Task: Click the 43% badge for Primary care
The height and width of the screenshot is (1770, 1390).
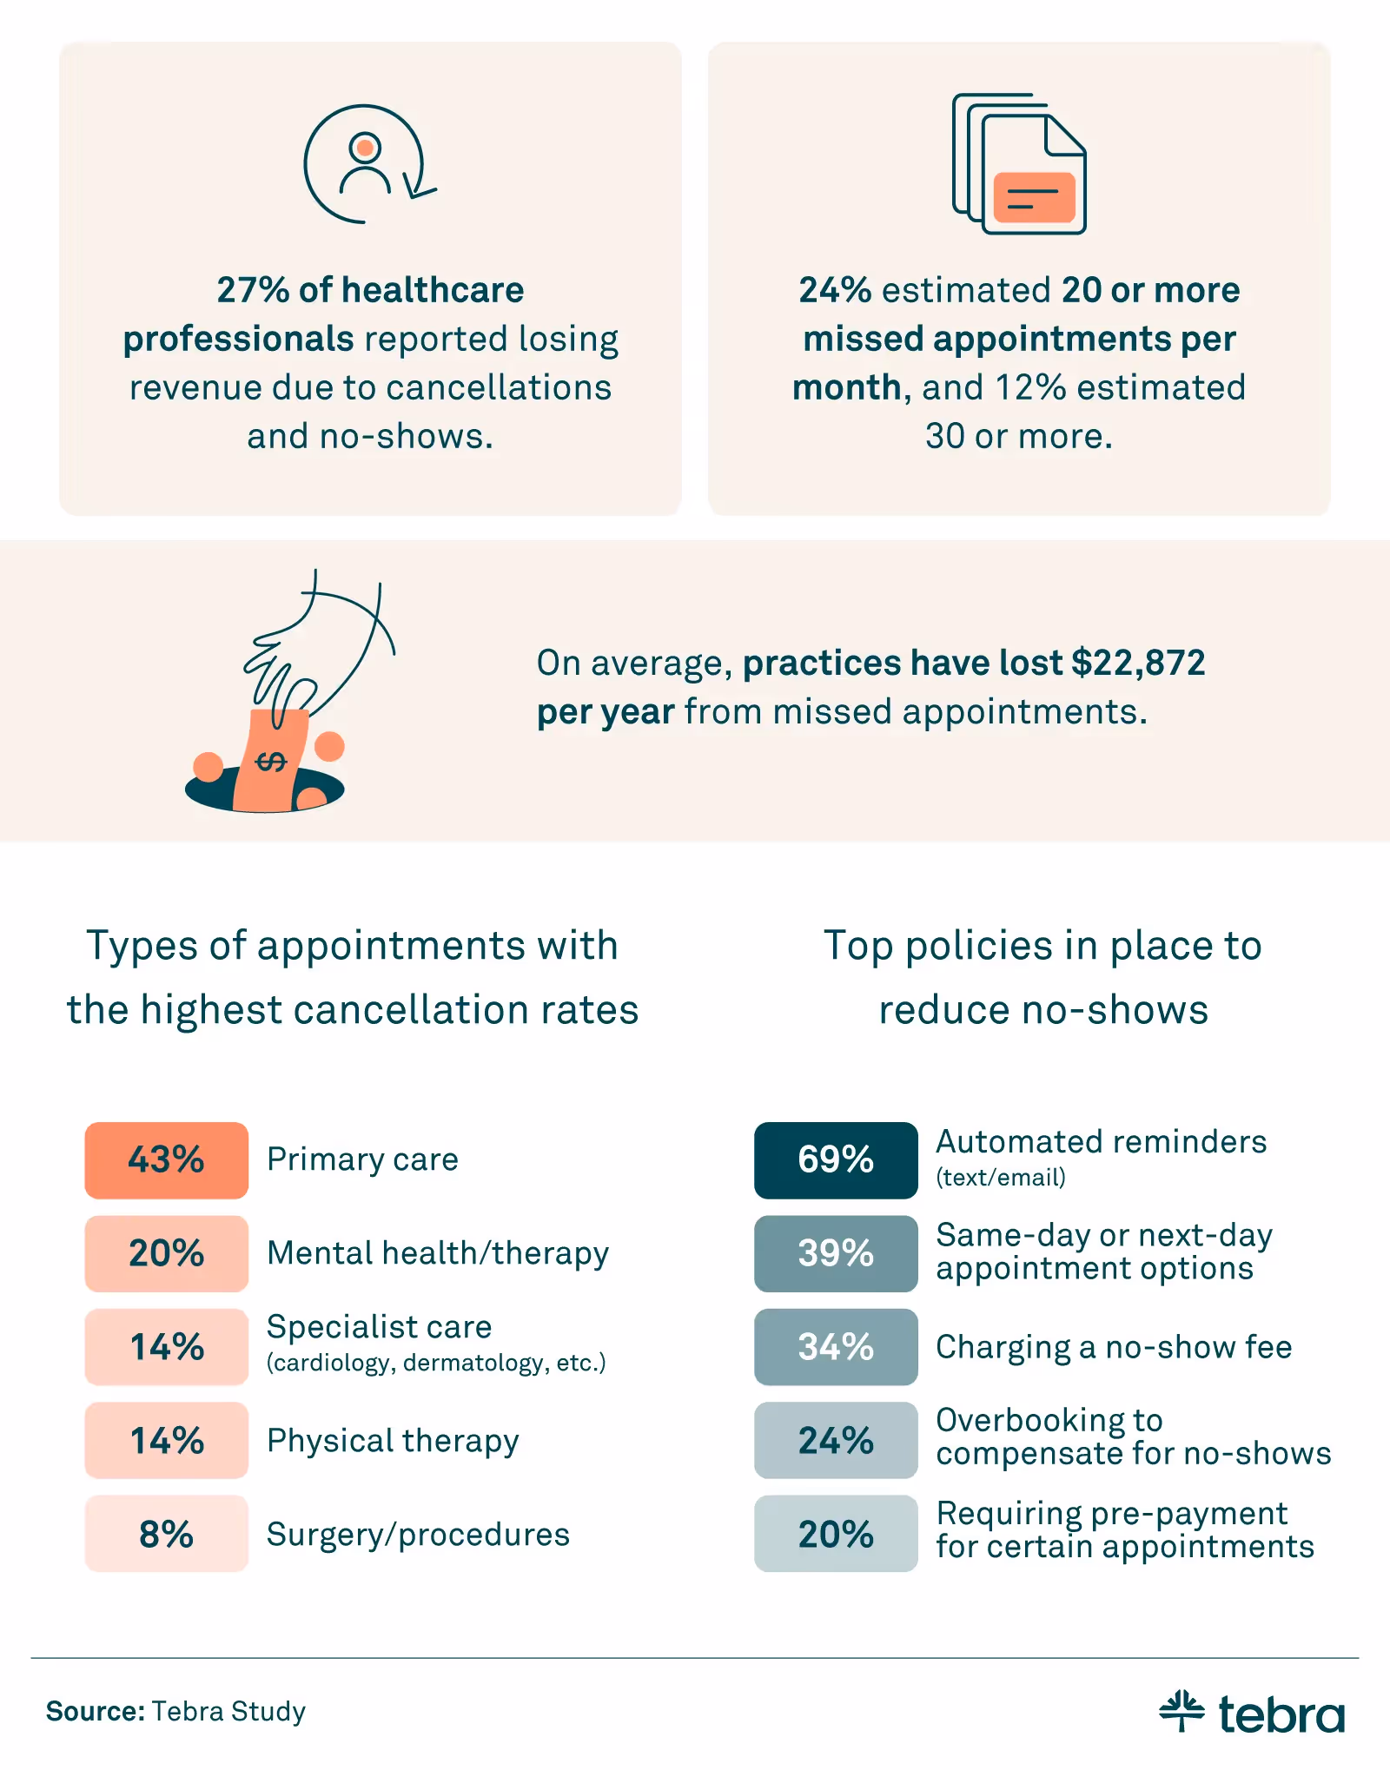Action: (x=166, y=1160)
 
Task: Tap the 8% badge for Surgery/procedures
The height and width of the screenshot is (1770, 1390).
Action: (x=166, y=1534)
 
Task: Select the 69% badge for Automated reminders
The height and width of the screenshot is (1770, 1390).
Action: (x=835, y=1160)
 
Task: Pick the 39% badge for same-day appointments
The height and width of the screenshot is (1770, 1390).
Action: (x=835, y=1253)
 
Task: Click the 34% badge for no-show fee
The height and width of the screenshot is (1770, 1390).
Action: (x=835, y=1347)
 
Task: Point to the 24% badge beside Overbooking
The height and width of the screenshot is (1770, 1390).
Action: (x=835, y=1440)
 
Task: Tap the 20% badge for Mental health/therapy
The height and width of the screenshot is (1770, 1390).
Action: (x=166, y=1253)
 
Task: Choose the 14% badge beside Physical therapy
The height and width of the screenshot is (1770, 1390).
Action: (x=166, y=1440)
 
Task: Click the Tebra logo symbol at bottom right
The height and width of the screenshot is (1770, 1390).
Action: (x=1181, y=1711)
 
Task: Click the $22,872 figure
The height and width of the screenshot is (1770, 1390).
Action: (x=1138, y=663)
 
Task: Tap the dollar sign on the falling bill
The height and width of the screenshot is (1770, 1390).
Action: (x=271, y=762)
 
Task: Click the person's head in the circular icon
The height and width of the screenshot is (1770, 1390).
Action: (x=365, y=148)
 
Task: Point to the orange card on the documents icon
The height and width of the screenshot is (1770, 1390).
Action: (x=1034, y=197)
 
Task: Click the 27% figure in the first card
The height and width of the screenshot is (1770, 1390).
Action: (x=252, y=290)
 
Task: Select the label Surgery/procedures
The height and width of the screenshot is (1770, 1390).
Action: (x=418, y=1535)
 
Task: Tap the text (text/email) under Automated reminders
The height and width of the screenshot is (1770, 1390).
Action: (x=1001, y=1178)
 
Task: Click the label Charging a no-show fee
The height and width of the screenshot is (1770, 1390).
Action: (x=1114, y=1347)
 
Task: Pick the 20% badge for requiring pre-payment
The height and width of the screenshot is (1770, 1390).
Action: (x=835, y=1534)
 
